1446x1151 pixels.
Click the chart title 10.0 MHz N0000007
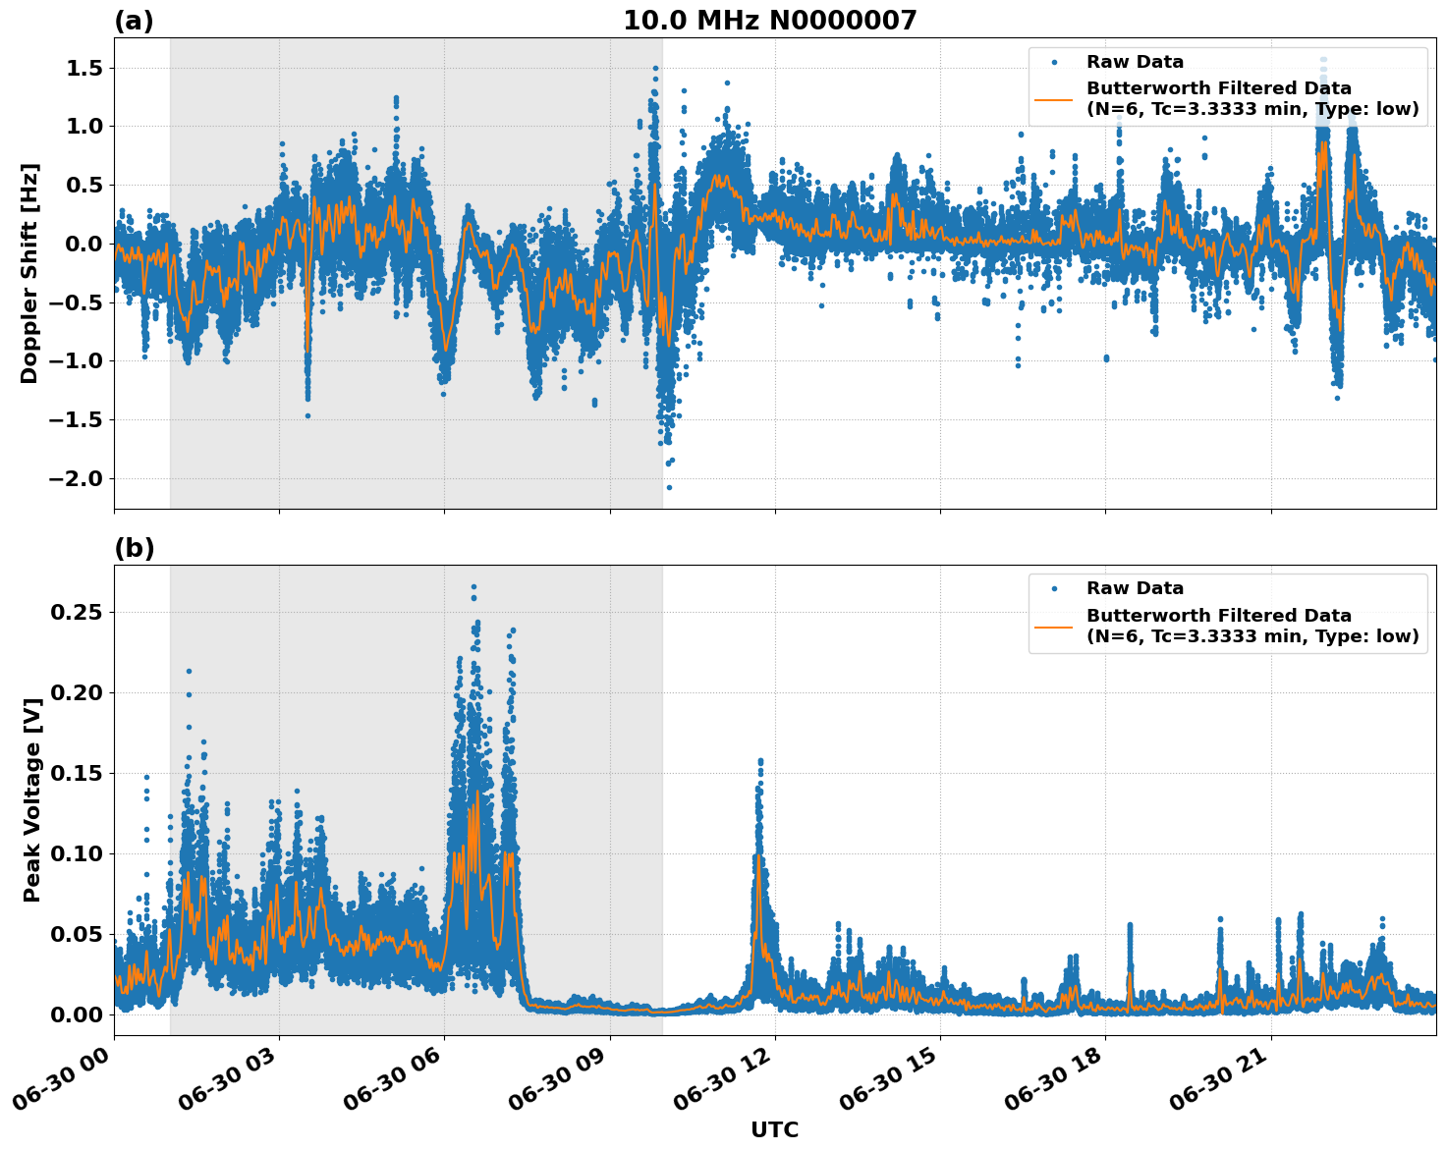(x=769, y=21)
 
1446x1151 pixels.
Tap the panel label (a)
(x=134, y=21)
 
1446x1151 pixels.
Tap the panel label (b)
(x=134, y=548)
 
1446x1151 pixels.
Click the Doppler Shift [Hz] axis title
(x=29, y=273)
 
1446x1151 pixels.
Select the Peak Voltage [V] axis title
(x=32, y=821)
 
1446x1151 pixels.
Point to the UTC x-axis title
(x=774, y=1130)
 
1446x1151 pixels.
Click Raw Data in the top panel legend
(x=1135, y=62)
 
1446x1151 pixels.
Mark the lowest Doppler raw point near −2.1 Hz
(x=669, y=487)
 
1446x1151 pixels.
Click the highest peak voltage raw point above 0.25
(x=473, y=586)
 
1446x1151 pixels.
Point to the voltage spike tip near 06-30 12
(x=759, y=760)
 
